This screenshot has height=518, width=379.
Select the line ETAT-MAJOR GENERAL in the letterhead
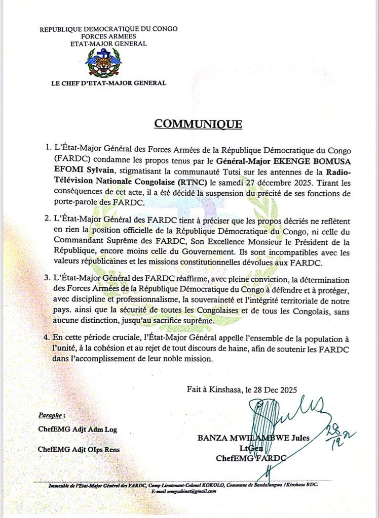108,44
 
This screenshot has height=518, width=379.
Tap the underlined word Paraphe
51,415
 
